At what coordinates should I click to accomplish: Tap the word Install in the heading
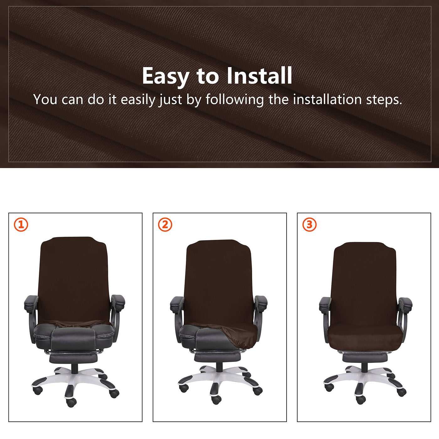[259, 75]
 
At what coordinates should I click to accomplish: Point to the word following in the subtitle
[235, 99]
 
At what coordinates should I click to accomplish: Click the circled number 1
[21, 225]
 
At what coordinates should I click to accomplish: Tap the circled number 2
[165, 225]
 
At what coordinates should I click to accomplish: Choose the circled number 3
[309, 225]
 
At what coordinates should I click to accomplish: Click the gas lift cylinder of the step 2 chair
[219, 367]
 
